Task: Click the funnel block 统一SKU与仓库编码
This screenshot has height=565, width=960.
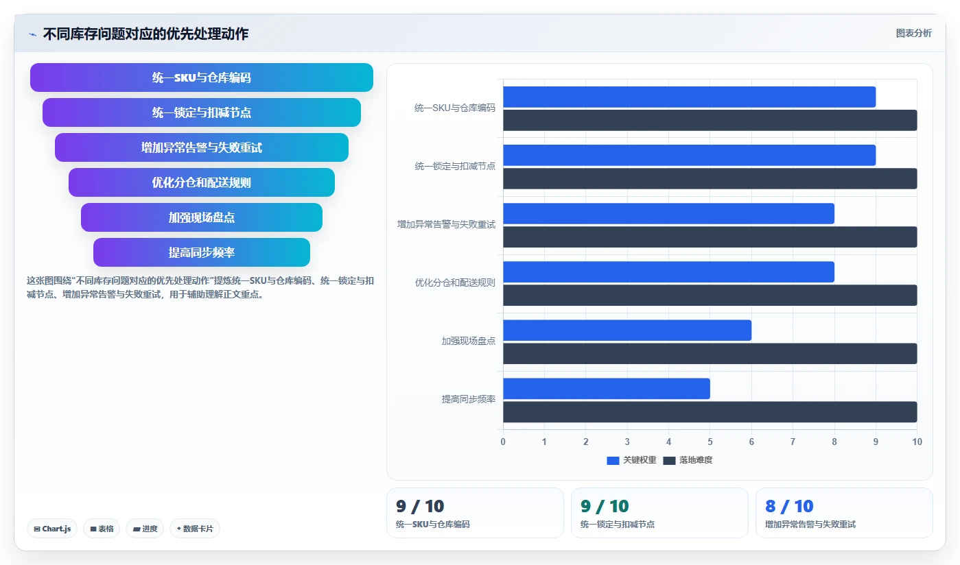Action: pos(202,77)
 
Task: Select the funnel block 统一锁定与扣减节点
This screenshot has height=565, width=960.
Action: pos(202,112)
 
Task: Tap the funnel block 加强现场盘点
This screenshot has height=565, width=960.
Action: pos(202,217)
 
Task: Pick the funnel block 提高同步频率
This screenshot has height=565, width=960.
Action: pos(202,252)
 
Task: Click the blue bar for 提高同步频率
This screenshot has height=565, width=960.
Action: pos(607,389)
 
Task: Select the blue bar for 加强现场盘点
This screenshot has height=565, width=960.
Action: pos(627,330)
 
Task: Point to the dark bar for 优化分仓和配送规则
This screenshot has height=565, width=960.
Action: pos(710,295)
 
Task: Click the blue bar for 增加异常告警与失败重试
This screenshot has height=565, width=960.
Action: pos(668,214)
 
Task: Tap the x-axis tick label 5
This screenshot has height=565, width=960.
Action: pos(710,442)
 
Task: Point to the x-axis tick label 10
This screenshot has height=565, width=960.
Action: pos(917,442)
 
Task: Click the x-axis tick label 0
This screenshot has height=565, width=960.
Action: pos(503,442)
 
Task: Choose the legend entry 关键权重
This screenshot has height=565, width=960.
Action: pos(632,460)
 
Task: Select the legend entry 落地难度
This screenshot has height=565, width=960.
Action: pos(688,460)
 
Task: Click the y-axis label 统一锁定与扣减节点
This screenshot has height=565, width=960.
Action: pos(455,166)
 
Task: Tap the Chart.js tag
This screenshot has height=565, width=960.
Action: pos(52,529)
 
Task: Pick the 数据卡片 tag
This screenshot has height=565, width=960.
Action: pos(195,529)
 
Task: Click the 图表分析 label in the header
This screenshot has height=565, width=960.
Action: pos(914,33)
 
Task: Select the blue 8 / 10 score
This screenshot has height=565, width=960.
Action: pos(789,506)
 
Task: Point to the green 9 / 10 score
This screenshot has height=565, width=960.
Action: pos(605,506)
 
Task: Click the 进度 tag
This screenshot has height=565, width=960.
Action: pos(145,529)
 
